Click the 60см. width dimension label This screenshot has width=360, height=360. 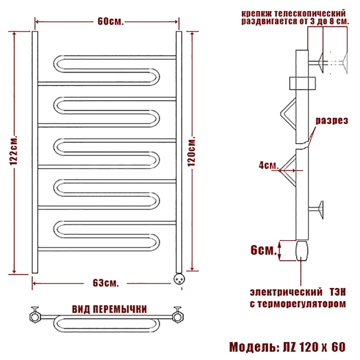(110, 22)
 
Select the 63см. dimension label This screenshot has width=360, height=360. (106, 283)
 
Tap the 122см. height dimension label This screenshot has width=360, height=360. (14, 151)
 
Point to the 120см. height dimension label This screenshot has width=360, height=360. (191, 151)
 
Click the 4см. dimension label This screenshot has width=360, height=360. (268, 165)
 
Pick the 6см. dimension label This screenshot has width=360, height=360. (264, 250)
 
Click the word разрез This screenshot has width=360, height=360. (332, 121)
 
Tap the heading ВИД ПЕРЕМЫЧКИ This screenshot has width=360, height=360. (109, 309)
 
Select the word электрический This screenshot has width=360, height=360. (286, 292)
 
